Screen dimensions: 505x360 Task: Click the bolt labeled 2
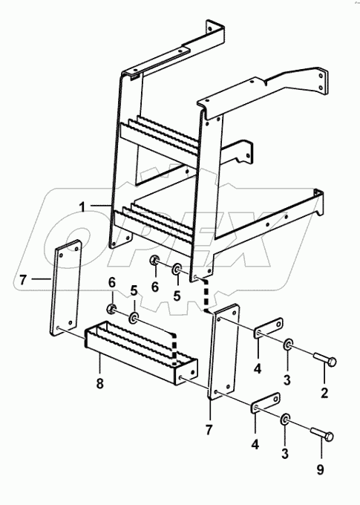click(x=324, y=362)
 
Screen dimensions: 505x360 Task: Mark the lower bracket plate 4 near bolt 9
click(x=265, y=411)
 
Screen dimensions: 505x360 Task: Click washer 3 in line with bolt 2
click(x=287, y=345)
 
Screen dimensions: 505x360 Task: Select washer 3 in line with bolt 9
click(x=287, y=423)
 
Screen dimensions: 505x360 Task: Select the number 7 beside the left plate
click(x=23, y=279)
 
